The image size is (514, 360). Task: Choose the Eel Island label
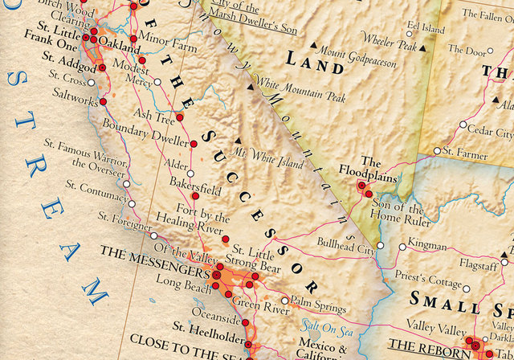pyautogui.click(x=425, y=27)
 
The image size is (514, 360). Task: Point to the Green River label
pyautogui.click(x=262, y=305)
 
